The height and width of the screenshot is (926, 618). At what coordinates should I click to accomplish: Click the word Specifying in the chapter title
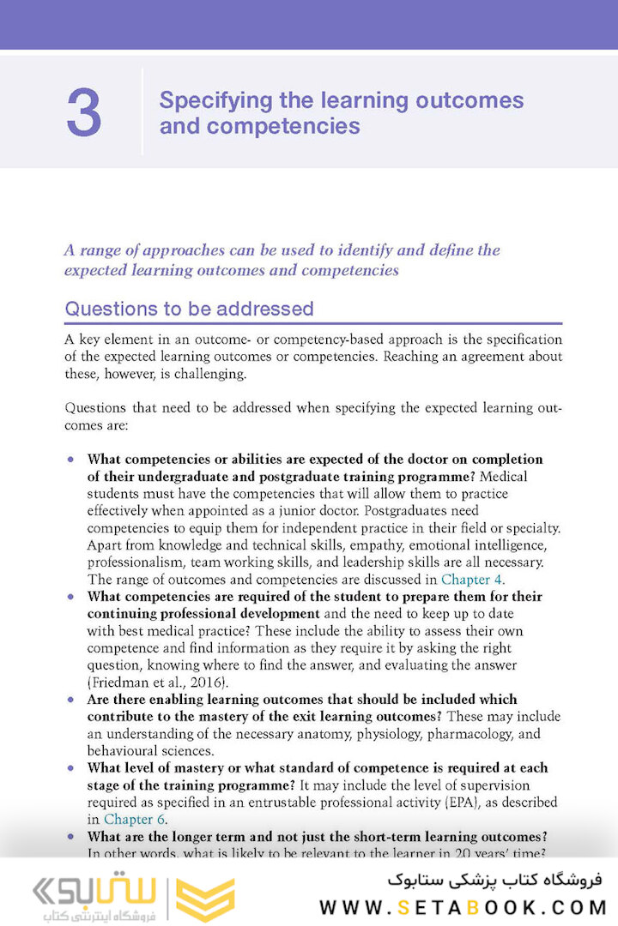206,100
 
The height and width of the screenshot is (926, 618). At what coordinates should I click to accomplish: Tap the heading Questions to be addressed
189,308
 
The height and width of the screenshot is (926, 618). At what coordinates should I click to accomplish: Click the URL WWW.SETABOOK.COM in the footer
463,906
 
